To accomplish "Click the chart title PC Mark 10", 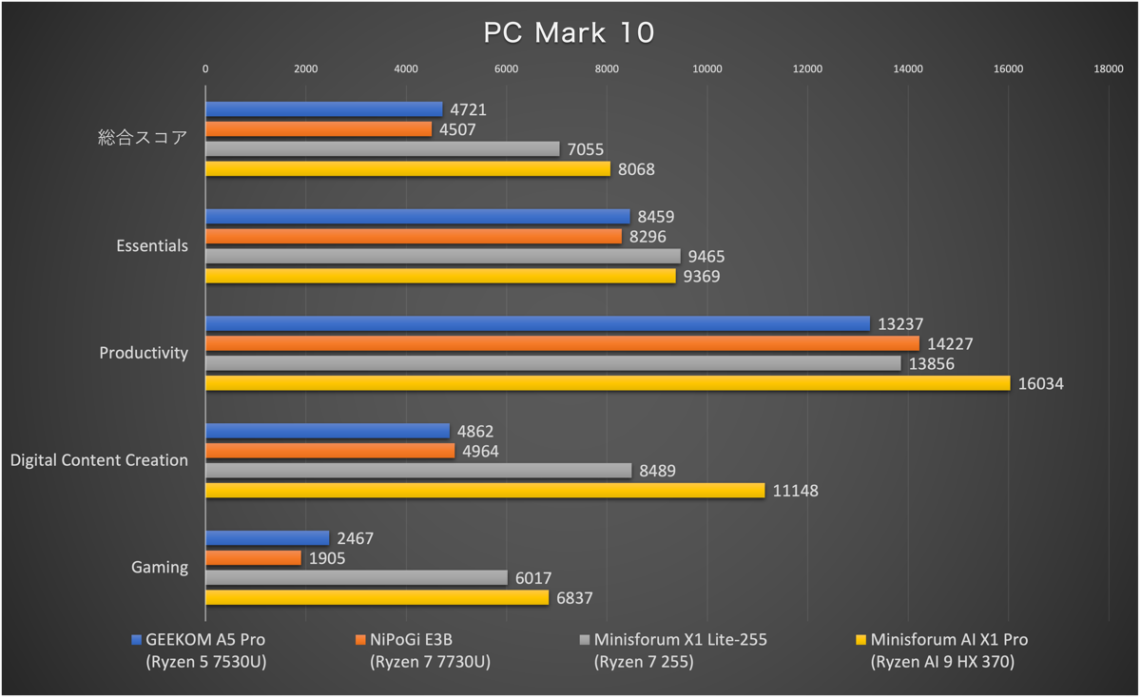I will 569,32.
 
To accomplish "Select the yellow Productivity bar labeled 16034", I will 608,383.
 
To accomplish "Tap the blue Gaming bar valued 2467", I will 267,538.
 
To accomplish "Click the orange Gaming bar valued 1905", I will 253,558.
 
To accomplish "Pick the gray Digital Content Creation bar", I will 418,471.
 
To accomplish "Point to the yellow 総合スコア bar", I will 408,168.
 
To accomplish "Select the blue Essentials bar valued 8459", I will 417,217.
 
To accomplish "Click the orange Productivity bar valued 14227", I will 562,343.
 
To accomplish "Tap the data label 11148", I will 795,491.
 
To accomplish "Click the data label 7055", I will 585,149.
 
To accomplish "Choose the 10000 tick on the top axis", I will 707,68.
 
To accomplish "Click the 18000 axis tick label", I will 1109,68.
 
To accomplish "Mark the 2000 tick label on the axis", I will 305,68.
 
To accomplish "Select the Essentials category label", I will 152,246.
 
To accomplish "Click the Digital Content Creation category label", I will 99,460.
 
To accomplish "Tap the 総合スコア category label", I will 143,139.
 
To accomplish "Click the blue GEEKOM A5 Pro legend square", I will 137,640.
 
